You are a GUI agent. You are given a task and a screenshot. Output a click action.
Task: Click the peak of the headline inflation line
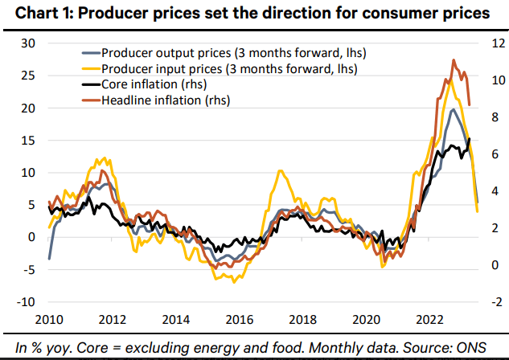click(x=454, y=59)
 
